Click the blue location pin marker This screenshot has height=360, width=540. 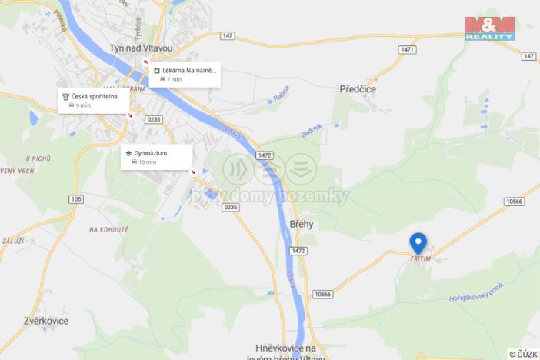tap(418, 242)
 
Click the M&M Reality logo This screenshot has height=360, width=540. tap(489, 28)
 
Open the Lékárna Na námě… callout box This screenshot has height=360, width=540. tap(185, 75)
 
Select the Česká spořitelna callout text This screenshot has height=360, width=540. tap(95, 96)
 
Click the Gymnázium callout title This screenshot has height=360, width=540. tap(145, 153)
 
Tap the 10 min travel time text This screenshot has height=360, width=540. tap(146, 162)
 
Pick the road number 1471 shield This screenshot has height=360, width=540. tap(408, 49)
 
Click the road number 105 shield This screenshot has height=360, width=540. tap(75, 199)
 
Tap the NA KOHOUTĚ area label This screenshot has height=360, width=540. tap(108, 229)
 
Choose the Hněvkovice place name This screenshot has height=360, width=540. tap(295, 347)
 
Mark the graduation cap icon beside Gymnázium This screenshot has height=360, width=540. tap(128, 153)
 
